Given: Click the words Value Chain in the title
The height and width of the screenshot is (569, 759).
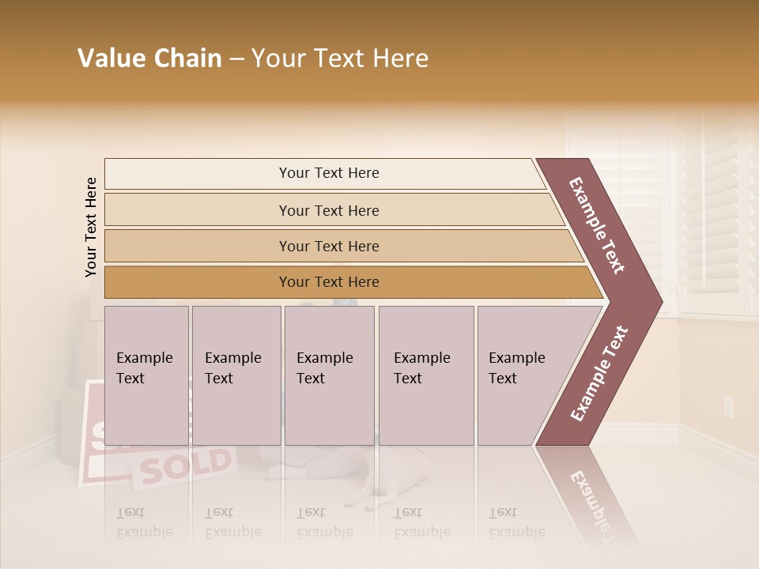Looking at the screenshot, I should pyautogui.click(x=149, y=58).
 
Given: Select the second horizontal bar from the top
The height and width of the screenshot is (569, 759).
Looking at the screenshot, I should pyautogui.click(x=329, y=210).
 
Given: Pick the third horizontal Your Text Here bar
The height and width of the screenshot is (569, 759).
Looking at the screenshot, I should pyautogui.click(x=329, y=247).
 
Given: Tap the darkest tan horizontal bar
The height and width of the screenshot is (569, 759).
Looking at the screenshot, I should pyautogui.click(x=329, y=282).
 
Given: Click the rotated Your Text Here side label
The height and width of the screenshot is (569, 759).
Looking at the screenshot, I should pyautogui.click(x=91, y=227).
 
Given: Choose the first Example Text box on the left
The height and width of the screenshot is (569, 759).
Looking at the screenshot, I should pyautogui.click(x=146, y=375).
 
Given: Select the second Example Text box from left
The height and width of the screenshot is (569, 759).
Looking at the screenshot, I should pyautogui.click(x=236, y=375).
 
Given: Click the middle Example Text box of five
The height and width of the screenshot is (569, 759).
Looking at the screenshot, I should pyautogui.click(x=329, y=375).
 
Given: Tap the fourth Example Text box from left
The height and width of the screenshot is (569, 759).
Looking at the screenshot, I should pyautogui.click(x=425, y=375).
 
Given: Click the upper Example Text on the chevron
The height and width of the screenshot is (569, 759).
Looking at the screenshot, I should pyautogui.click(x=597, y=225).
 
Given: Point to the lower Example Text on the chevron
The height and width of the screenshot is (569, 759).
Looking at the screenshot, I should pyautogui.click(x=599, y=373).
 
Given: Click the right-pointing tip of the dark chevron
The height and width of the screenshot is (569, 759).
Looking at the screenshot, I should pyautogui.click(x=658, y=301).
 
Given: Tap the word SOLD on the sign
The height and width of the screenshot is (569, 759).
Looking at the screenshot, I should pyautogui.click(x=187, y=465).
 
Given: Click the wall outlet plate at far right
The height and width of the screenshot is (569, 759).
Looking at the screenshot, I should pyautogui.click(x=728, y=408).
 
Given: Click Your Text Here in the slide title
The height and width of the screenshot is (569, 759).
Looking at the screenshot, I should pyautogui.click(x=340, y=58).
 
